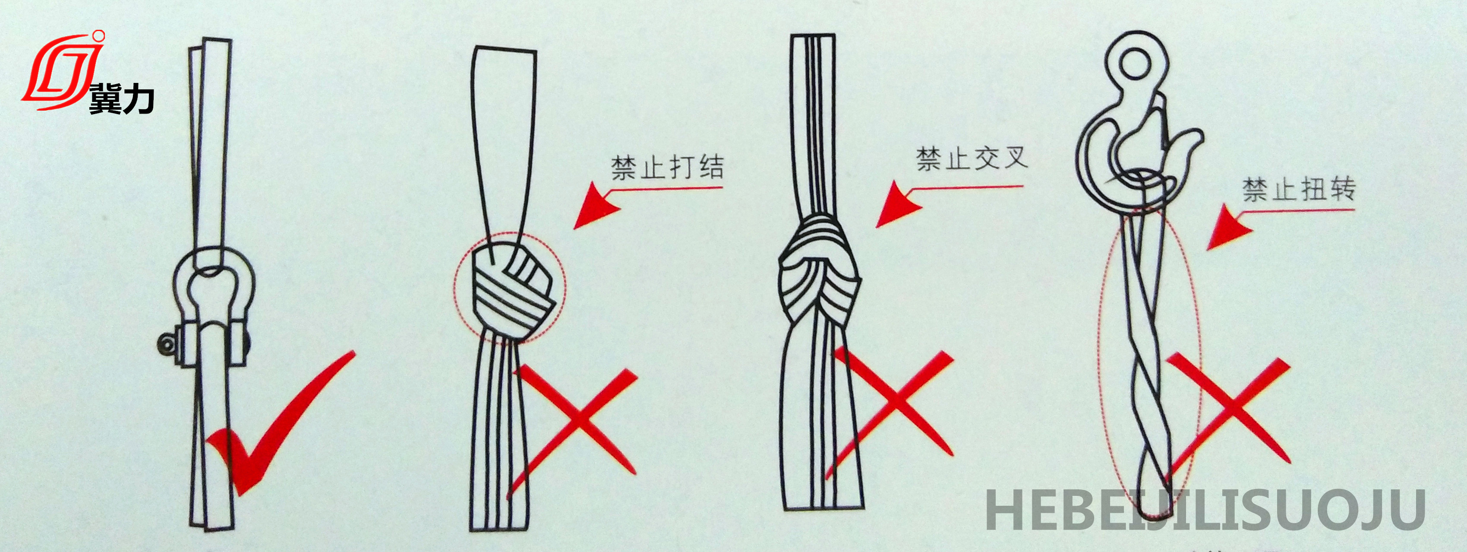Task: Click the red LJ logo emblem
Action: coord(63,71)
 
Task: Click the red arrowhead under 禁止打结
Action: coord(595,206)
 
